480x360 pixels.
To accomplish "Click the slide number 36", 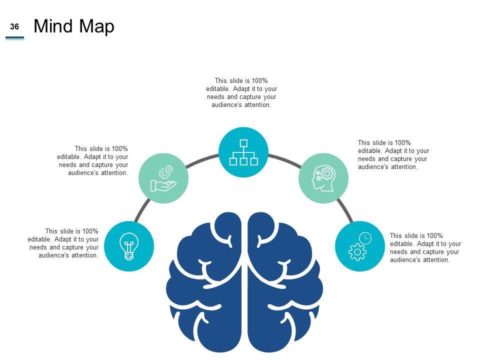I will (x=14, y=27).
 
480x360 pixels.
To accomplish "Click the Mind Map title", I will (x=74, y=26).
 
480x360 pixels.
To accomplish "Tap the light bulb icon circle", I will (x=129, y=246).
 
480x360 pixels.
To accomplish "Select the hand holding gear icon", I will (x=163, y=178).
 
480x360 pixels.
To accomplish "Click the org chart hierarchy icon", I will (x=243, y=152).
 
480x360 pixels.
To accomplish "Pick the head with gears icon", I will (x=323, y=178).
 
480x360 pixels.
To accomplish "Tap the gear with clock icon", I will (x=359, y=246).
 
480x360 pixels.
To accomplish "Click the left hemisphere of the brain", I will (x=205, y=285).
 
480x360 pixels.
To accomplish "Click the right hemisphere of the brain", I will (x=285, y=285).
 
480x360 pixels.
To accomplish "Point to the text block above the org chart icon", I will (x=241, y=92).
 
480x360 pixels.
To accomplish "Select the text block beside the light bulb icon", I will (x=63, y=243).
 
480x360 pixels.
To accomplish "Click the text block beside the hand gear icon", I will (x=93, y=160).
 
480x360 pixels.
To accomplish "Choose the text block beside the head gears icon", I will (x=393, y=154).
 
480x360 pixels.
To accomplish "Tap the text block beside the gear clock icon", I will (x=425, y=247).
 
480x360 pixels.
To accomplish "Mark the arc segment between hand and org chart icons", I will (x=203, y=160).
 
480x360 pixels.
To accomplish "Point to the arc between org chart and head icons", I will (x=284, y=160).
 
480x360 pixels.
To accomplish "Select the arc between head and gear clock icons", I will (x=344, y=210).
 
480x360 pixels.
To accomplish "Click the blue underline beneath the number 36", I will (x=14, y=37).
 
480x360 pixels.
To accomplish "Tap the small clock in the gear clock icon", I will (x=366, y=238).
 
